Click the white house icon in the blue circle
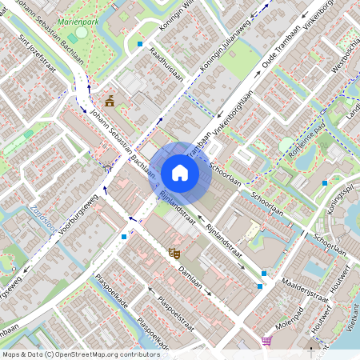[x=180, y=173]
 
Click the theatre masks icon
[x=174, y=253]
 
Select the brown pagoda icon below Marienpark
[x=109, y=100]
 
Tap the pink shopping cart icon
[x=266, y=340]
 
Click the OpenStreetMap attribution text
[x=80, y=354]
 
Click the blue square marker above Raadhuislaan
[x=140, y=44]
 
